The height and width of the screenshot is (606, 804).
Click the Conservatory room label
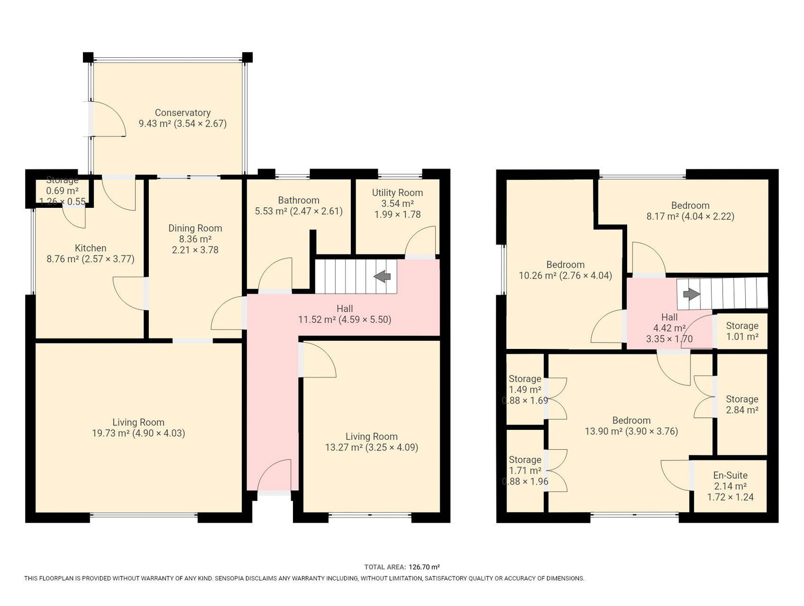(182, 112)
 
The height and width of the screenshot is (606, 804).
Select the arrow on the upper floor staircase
(691, 294)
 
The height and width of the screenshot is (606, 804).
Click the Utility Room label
(397, 193)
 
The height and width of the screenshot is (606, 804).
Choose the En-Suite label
(730, 475)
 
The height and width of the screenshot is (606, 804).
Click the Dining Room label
(195, 228)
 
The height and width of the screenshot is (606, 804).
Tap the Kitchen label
(90, 248)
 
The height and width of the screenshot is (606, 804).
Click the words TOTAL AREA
(385, 567)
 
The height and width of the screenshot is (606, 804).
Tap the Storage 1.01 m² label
(742, 331)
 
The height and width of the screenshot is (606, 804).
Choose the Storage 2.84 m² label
(742, 404)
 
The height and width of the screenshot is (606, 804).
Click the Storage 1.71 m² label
(525, 470)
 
